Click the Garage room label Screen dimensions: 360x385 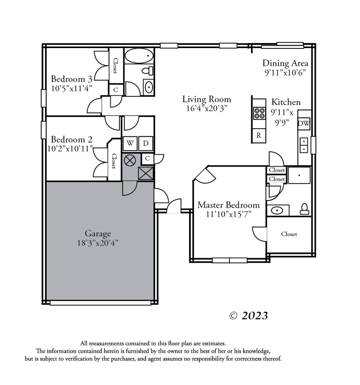98,233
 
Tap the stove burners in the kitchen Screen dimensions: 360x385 259,113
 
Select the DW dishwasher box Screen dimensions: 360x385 304,123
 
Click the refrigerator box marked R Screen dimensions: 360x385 259,135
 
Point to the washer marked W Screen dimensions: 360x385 130,143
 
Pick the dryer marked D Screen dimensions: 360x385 146,143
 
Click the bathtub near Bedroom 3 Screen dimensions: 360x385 139,56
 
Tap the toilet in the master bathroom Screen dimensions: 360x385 304,209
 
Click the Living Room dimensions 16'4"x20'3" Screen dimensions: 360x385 207,108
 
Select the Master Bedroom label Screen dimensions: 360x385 228,205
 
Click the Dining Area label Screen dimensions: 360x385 286,63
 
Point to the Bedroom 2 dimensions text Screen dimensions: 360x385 70,149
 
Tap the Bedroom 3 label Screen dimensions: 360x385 71,79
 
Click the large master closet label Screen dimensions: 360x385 289,234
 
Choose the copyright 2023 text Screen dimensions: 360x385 248,315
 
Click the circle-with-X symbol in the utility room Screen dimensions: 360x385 130,160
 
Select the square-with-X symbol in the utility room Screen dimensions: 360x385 146,173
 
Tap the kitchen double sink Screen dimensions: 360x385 304,145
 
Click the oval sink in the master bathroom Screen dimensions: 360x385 277,210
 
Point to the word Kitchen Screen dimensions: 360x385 286,102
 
